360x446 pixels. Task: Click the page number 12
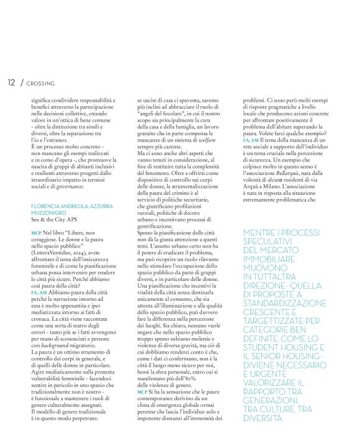[11, 82]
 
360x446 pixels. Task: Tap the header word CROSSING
[40, 83]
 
